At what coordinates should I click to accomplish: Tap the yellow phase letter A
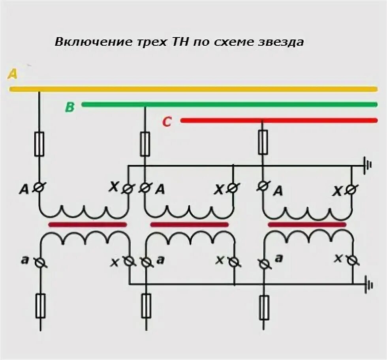tap(13, 74)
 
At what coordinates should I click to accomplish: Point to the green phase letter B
tap(70, 107)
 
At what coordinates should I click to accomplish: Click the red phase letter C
tap(167, 122)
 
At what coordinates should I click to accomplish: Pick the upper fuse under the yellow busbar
tap(39, 144)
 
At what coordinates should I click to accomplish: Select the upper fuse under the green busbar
tap(145, 144)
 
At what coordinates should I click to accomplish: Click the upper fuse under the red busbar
tap(263, 142)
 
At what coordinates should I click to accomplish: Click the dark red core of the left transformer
tap(88, 225)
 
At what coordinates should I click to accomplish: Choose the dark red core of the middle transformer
tap(190, 225)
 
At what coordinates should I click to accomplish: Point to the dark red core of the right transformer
tap(307, 225)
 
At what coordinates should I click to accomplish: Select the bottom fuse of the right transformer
tap(263, 307)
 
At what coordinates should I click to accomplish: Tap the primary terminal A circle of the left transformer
tap(39, 189)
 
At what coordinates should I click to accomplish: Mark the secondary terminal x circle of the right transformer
tap(352, 260)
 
